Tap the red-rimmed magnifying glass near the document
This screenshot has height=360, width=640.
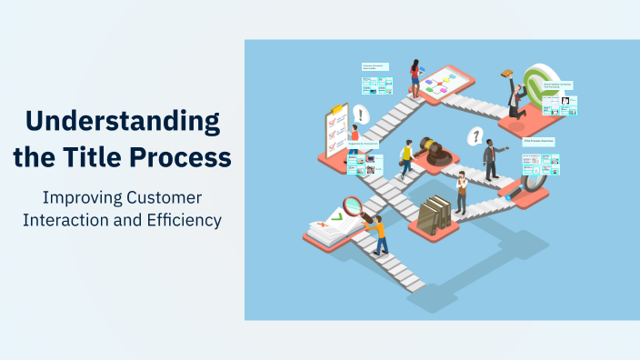pos(353,207)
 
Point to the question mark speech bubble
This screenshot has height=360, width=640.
pos(474,136)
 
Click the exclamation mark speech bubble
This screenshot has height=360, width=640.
pos(362,115)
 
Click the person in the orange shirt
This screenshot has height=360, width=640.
pos(377,231)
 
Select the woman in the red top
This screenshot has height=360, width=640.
pos(415,78)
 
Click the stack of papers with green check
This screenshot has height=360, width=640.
pos(325,230)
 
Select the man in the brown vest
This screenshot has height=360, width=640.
pos(462,192)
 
